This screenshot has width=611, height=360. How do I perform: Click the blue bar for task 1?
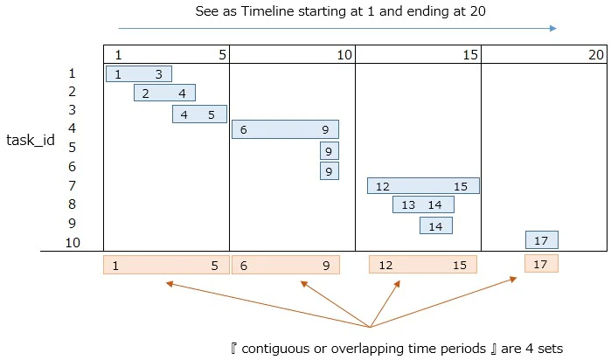(139, 73)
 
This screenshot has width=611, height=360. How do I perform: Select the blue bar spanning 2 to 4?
(164, 93)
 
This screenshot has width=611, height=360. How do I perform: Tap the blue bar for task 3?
(199, 114)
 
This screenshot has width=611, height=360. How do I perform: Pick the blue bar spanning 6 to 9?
(285, 129)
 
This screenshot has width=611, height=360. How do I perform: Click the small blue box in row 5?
(330, 151)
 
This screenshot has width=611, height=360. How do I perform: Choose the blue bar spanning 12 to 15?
(423, 186)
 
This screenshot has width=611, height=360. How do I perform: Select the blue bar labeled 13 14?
(423, 204)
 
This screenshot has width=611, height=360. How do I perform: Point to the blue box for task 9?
(436, 225)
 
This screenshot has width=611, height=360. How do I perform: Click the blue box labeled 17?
(542, 240)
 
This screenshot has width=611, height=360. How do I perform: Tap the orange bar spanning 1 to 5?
(166, 265)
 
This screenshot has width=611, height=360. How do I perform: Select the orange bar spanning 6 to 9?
(286, 265)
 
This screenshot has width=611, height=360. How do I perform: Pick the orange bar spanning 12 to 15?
(423, 265)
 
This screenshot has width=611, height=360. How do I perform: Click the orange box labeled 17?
(541, 263)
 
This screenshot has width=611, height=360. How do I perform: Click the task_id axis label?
(31, 140)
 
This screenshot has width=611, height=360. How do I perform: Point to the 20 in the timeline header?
(596, 55)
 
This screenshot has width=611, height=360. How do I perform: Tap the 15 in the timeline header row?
(470, 55)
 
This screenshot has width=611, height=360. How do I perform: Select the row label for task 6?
(72, 167)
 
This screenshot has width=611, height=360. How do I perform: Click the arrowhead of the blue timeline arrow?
(553, 28)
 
